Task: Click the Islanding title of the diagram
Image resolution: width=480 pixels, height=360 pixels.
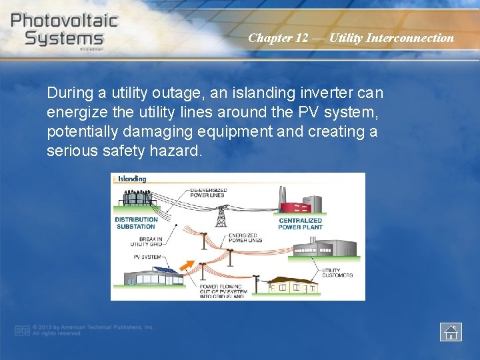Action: tap(132, 179)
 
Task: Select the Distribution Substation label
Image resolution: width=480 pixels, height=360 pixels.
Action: tap(136, 223)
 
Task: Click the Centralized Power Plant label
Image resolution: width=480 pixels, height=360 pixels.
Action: tap(300, 223)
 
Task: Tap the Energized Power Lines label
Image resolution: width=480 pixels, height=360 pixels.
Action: tap(245, 237)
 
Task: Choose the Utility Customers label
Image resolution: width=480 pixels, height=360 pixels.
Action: tap(337, 273)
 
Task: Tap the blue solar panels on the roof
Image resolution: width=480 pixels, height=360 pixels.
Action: tap(163, 270)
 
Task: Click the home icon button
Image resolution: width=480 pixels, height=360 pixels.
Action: tap(451, 331)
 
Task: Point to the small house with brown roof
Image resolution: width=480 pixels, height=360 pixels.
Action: tap(293, 285)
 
